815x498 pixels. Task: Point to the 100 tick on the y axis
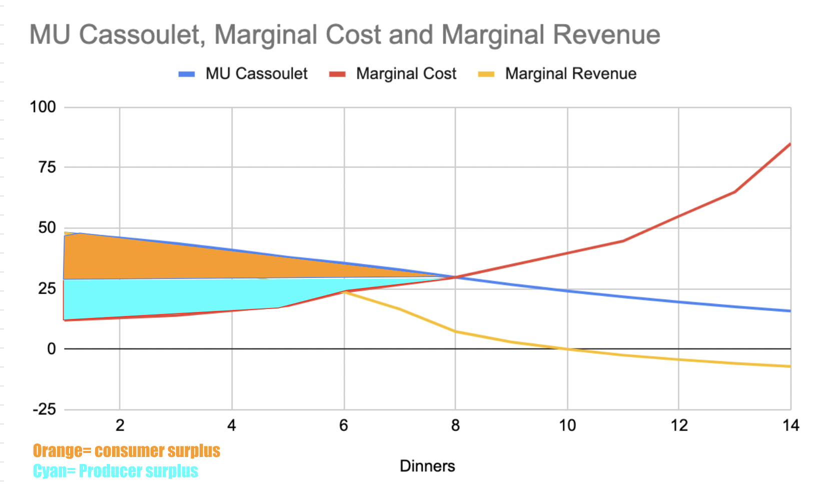(43, 107)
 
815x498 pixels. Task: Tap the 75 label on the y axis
(47, 167)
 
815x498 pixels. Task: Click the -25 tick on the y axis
(44, 409)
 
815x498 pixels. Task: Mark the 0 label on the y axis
(52, 349)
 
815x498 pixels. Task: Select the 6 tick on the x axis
(344, 425)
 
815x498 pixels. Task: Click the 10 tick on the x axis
(567, 425)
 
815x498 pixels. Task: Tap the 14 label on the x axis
(790, 425)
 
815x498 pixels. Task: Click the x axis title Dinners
(427, 466)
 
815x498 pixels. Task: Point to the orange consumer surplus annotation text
(127, 451)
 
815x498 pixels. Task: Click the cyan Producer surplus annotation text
(116, 471)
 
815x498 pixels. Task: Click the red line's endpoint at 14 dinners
(790, 144)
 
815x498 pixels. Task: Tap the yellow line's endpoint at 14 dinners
(790, 366)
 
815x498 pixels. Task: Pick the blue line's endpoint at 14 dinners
(790, 311)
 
